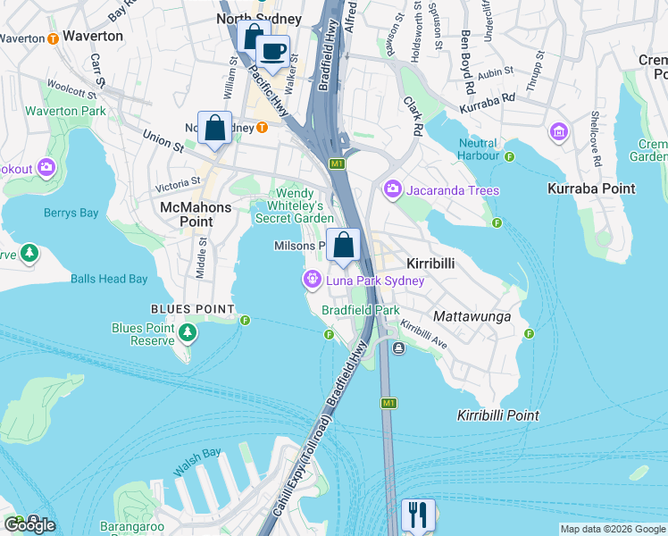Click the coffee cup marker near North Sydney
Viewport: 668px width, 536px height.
[x=272, y=51]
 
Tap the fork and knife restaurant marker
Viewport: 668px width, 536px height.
[x=417, y=515]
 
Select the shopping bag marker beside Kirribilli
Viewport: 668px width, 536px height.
[x=343, y=245]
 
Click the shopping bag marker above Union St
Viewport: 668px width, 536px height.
[x=214, y=128]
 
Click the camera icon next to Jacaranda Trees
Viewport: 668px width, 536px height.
[x=392, y=189]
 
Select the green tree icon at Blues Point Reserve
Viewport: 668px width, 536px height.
[x=187, y=333]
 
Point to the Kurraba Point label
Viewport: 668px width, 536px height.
[x=590, y=188]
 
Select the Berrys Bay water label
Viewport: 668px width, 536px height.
[x=71, y=213]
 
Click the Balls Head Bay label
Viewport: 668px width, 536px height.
[x=109, y=279]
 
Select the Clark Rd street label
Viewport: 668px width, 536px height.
[x=413, y=116]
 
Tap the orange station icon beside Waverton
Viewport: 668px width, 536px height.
[x=53, y=38]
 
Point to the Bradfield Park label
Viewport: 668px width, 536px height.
[x=360, y=310]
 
